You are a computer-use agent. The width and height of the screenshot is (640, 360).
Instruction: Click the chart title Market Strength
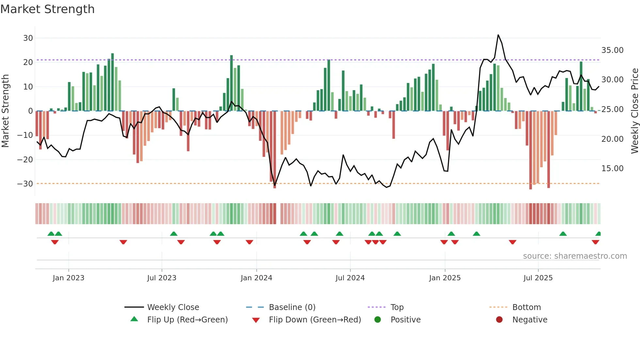click(47, 9)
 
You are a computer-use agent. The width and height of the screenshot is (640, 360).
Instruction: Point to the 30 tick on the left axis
click(28, 38)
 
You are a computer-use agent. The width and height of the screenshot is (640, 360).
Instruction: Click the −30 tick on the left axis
click(25, 184)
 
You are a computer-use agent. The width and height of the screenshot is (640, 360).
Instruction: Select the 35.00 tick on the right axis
click(612, 50)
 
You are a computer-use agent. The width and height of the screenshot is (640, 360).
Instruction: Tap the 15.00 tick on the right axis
click(612, 168)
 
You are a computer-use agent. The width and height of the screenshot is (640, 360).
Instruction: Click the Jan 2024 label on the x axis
click(256, 278)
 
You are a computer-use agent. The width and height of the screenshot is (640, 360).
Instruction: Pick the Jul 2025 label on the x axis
click(538, 278)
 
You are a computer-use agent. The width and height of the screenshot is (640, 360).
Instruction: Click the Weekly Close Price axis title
click(634, 111)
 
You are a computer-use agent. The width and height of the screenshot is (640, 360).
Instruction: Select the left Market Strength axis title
click(5, 111)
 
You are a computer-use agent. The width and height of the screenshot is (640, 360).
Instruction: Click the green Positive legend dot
click(378, 319)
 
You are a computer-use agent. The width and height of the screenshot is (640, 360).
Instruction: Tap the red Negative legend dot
click(499, 319)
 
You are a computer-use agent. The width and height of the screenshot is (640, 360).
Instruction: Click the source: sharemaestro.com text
click(575, 256)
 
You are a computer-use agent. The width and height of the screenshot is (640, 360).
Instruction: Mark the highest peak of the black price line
click(498, 35)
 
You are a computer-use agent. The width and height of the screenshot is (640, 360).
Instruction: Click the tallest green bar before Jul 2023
click(112, 82)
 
